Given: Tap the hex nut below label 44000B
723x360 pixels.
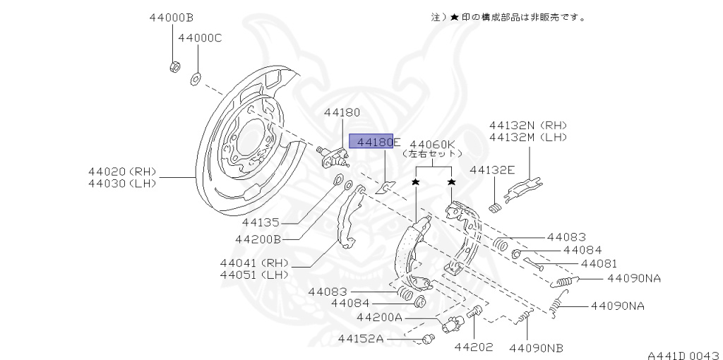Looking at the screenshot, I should point(174,67).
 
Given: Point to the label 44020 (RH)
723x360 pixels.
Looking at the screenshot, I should point(122,171).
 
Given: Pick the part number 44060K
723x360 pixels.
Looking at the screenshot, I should point(433,142).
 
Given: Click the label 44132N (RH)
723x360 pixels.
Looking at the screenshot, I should point(527,125).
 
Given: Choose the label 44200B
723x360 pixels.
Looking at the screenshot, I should point(258,239).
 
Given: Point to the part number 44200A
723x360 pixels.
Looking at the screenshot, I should point(379,318).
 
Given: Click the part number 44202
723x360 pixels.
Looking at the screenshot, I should point(473,347).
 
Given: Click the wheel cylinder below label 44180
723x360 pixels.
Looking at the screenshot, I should point(334,156).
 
